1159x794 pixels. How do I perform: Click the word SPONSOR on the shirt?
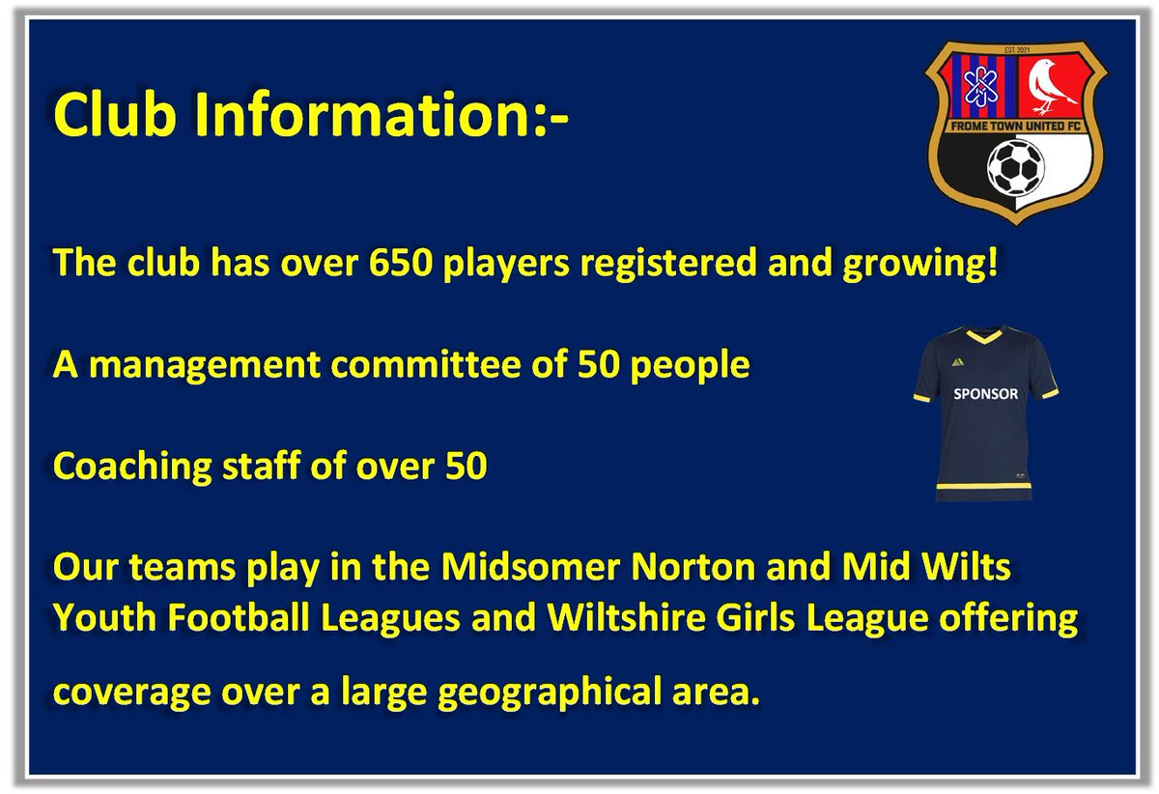point(985,394)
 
